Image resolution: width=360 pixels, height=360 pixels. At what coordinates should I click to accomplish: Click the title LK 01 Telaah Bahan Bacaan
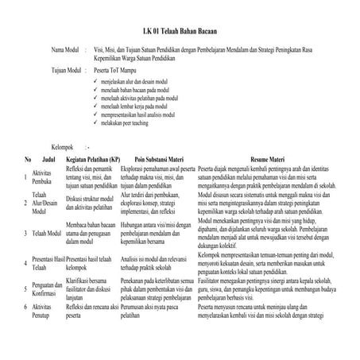tap(180, 31)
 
